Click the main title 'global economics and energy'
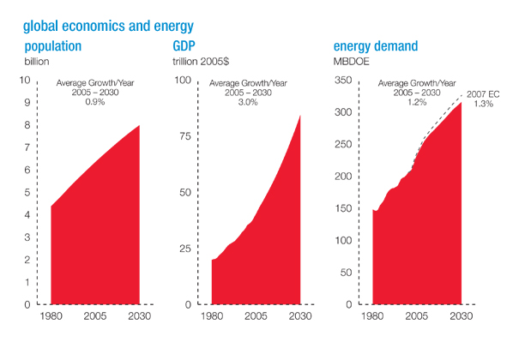tap(109, 27)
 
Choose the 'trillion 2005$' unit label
tap(202, 62)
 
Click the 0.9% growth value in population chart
tap(92, 102)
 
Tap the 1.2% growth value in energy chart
tap(417, 102)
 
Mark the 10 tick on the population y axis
tap(25, 81)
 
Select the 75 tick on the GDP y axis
tap(183, 136)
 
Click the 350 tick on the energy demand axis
tap(343, 81)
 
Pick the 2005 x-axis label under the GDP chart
tap(256, 317)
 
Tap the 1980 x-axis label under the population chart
tap(52, 317)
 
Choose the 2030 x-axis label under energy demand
tap(462, 317)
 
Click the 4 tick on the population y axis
tap(27, 215)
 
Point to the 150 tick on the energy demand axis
tap(343, 209)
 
